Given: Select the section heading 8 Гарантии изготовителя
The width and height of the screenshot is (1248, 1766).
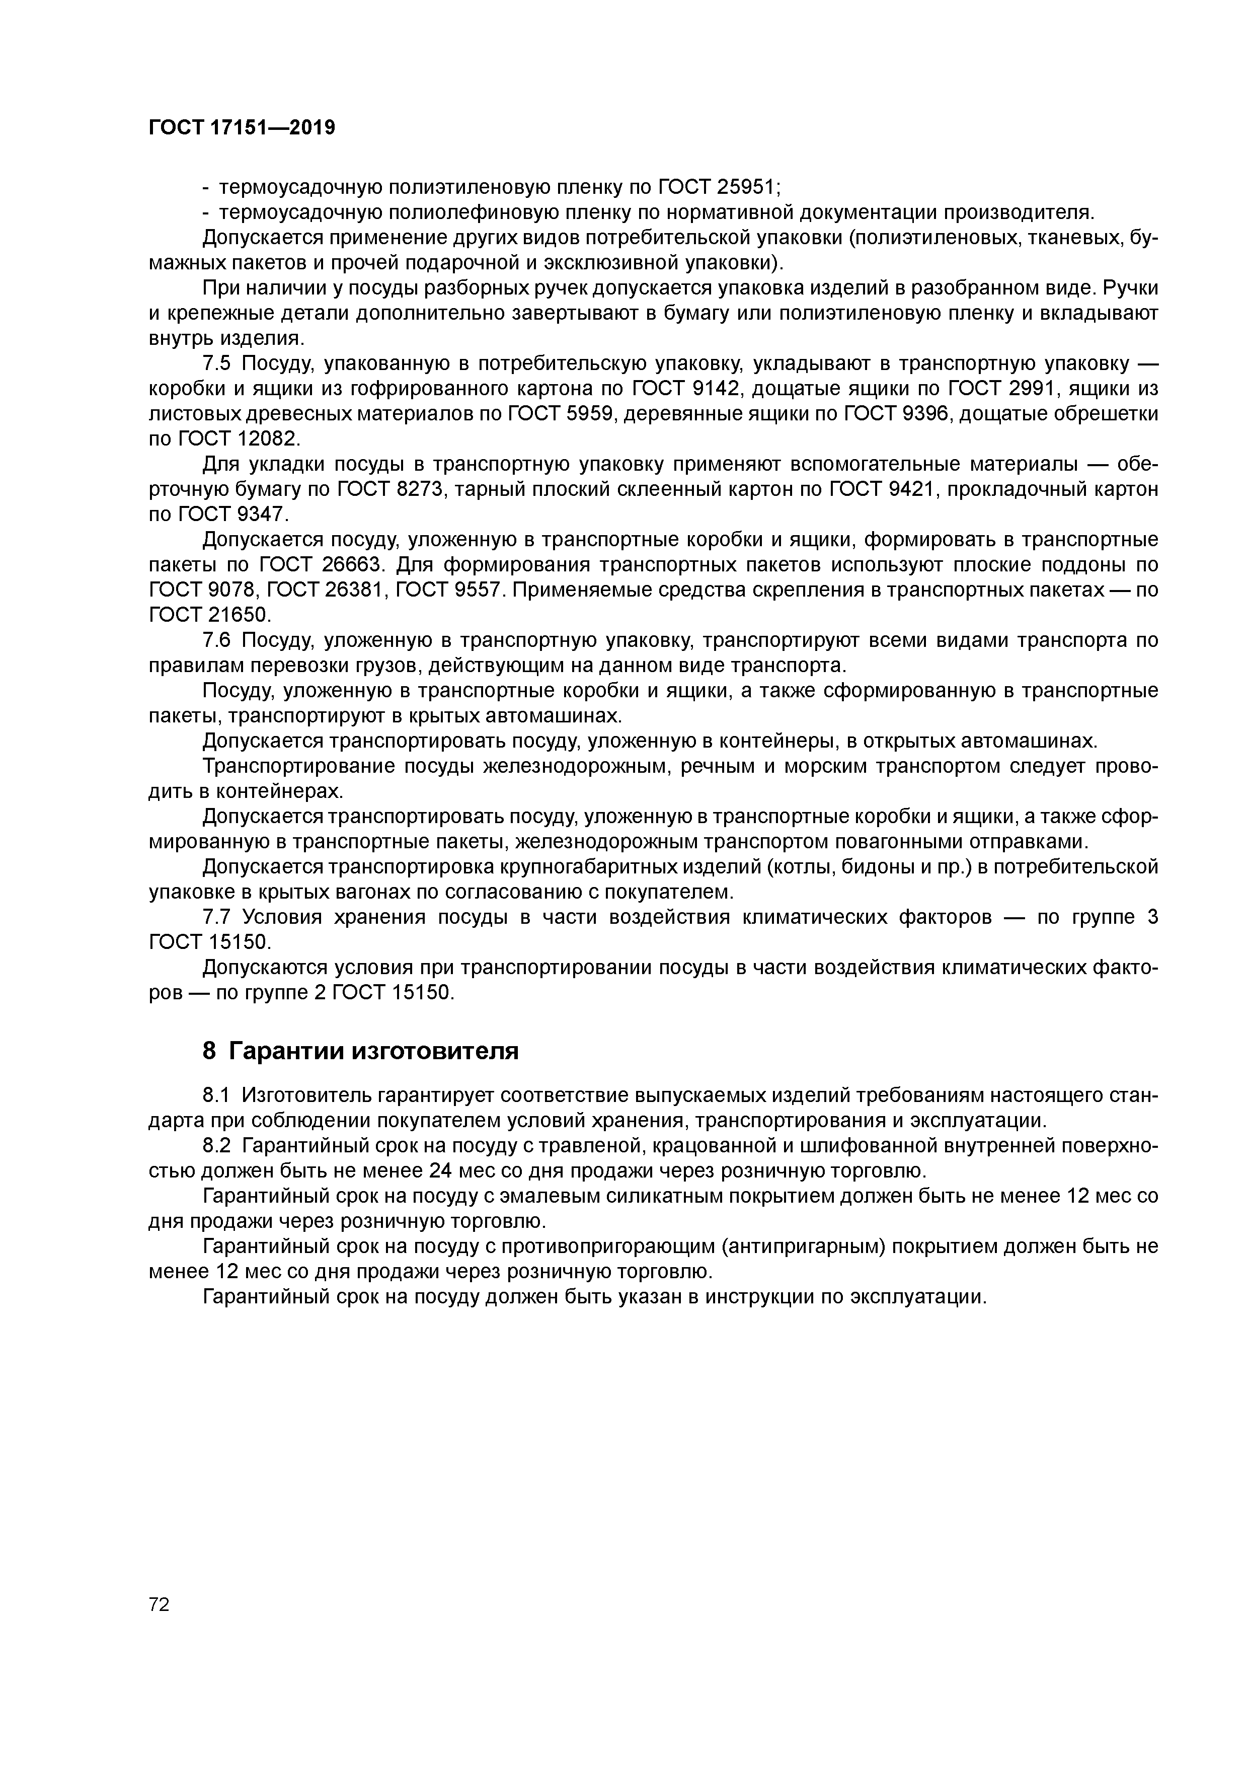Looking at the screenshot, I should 360,1051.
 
